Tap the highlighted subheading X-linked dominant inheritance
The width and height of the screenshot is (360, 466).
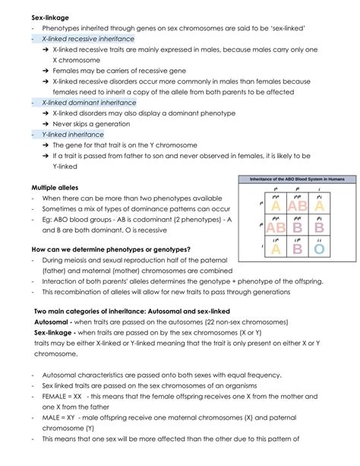(89, 102)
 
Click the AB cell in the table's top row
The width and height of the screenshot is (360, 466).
(297, 205)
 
